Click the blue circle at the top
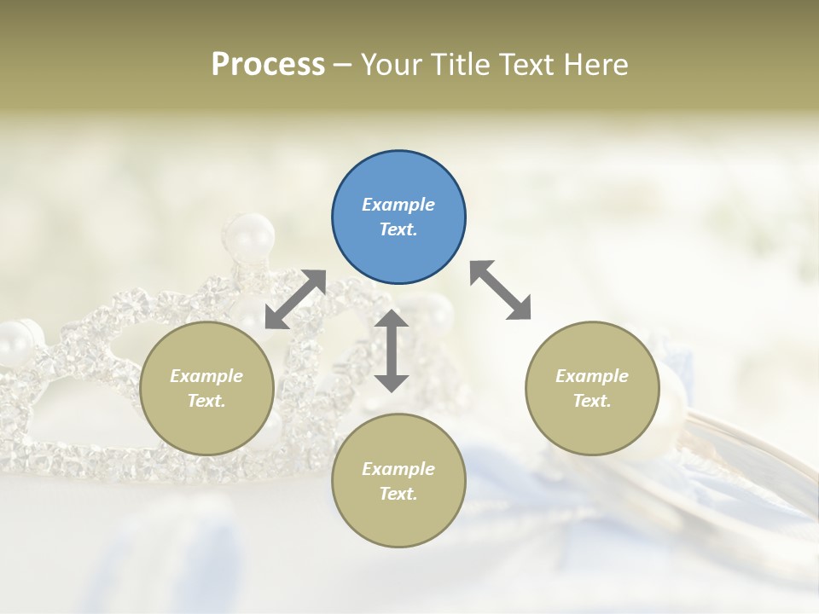coord(398,217)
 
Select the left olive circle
coord(206,388)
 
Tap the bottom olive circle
coord(398,481)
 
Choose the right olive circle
coord(591,388)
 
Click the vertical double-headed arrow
coord(392,350)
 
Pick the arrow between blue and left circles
coord(295,299)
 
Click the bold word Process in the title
coord(268,65)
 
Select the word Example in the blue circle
coord(398,205)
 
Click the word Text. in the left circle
coord(206,401)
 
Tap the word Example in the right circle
coord(591,376)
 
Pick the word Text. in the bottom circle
coord(398,494)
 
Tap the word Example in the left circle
coord(206,376)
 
